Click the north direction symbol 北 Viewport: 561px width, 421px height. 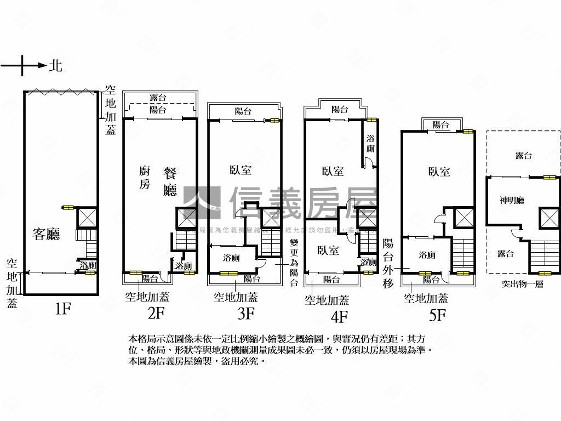(x=55, y=66)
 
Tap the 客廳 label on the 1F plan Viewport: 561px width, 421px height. (x=46, y=235)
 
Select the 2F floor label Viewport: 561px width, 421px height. (x=156, y=313)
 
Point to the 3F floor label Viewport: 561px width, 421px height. (x=246, y=313)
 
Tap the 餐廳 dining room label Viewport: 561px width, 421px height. (x=170, y=181)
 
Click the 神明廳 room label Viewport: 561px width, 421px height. (x=512, y=201)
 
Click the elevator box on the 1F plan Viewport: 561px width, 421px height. (x=87, y=217)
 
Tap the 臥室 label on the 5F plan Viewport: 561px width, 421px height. (x=439, y=172)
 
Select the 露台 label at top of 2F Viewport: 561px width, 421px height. (x=158, y=98)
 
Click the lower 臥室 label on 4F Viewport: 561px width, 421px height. (x=328, y=251)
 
